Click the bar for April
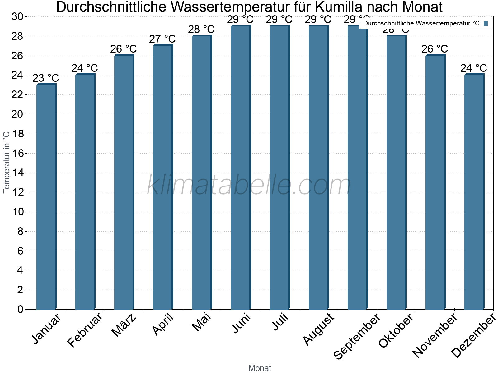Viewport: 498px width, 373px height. (x=163, y=177)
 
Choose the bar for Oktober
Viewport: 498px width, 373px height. (x=396, y=172)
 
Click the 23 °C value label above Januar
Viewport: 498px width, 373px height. (x=46, y=78)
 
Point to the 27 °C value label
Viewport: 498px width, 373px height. (x=162, y=39)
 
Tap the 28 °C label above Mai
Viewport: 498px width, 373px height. (x=201, y=30)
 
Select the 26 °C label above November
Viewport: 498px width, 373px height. (x=435, y=49)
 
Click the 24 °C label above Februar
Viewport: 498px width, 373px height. (x=85, y=68)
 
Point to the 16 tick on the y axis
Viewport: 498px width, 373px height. (x=17, y=153)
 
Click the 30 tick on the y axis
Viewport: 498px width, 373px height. (x=17, y=16)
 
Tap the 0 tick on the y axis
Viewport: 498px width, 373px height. (x=21, y=309)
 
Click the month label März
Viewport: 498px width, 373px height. (x=124, y=325)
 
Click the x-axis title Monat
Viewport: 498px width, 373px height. (x=260, y=368)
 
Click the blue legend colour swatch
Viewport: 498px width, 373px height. (x=486, y=23)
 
